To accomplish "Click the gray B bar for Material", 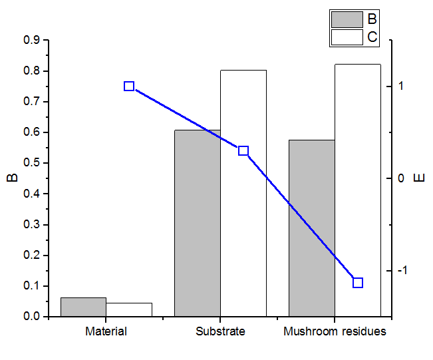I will pyautogui.click(x=83, y=307).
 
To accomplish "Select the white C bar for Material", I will pyautogui.click(x=129, y=310).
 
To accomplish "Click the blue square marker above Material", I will pyautogui.click(x=129, y=87).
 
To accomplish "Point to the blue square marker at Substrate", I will pyautogui.click(x=243, y=151).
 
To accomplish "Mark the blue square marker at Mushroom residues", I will pyautogui.click(x=358, y=283).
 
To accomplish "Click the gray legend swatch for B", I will pyautogui.click(x=347, y=19).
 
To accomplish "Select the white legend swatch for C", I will pyautogui.click(x=347, y=37).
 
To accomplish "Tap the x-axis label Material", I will pyautogui.click(x=106, y=331).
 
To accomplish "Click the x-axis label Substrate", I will pyautogui.click(x=221, y=331).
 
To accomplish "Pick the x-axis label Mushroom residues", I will pyautogui.click(x=335, y=331).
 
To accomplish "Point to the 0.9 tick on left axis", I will pyautogui.click(x=31, y=41).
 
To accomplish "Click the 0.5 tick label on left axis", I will pyautogui.click(x=31, y=163).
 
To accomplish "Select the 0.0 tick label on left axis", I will pyautogui.click(x=31, y=317).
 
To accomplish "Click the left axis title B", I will pyautogui.click(x=11, y=178).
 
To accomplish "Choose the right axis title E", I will pyautogui.click(x=418, y=178).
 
